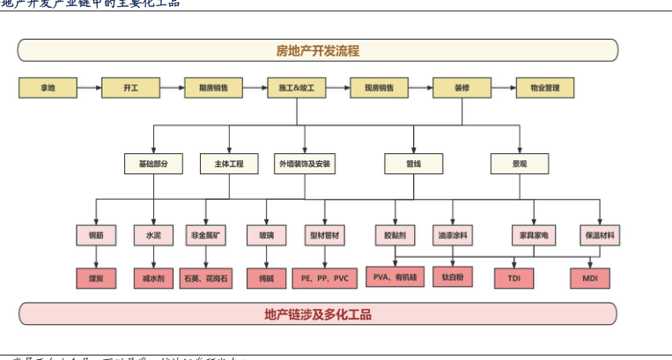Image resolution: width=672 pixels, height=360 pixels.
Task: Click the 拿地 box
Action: (47, 88)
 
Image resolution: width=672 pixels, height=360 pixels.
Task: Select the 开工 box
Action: (129, 88)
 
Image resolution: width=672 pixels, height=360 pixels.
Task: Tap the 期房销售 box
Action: (213, 88)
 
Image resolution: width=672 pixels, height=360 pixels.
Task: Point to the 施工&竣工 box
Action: (297, 88)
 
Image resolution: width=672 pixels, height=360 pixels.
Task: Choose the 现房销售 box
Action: (380, 88)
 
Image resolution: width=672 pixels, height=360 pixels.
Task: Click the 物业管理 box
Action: (544, 88)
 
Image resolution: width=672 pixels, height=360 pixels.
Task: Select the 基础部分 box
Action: (153, 164)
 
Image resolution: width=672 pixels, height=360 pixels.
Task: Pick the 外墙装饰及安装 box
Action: (305, 164)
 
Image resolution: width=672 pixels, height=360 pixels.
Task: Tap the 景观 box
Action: (520, 164)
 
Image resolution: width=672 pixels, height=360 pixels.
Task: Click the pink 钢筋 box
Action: (96, 235)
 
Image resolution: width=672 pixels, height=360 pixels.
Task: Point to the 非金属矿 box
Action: (207, 235)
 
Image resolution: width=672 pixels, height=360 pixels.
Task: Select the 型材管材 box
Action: (325, 235)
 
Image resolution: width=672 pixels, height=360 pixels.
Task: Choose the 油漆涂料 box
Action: (453, 235)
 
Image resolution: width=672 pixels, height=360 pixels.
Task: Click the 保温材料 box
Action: (601, 235)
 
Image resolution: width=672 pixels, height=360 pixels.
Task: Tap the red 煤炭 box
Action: (96, 279)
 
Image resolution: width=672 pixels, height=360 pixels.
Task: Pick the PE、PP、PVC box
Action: (325, 279)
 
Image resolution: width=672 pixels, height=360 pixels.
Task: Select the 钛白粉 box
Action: (453, 278)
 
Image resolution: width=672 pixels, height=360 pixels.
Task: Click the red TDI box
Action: (514, 279)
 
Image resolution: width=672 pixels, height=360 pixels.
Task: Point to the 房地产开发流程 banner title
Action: (317, 50)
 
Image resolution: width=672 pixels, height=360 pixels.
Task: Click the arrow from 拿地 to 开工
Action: (88, 88)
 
